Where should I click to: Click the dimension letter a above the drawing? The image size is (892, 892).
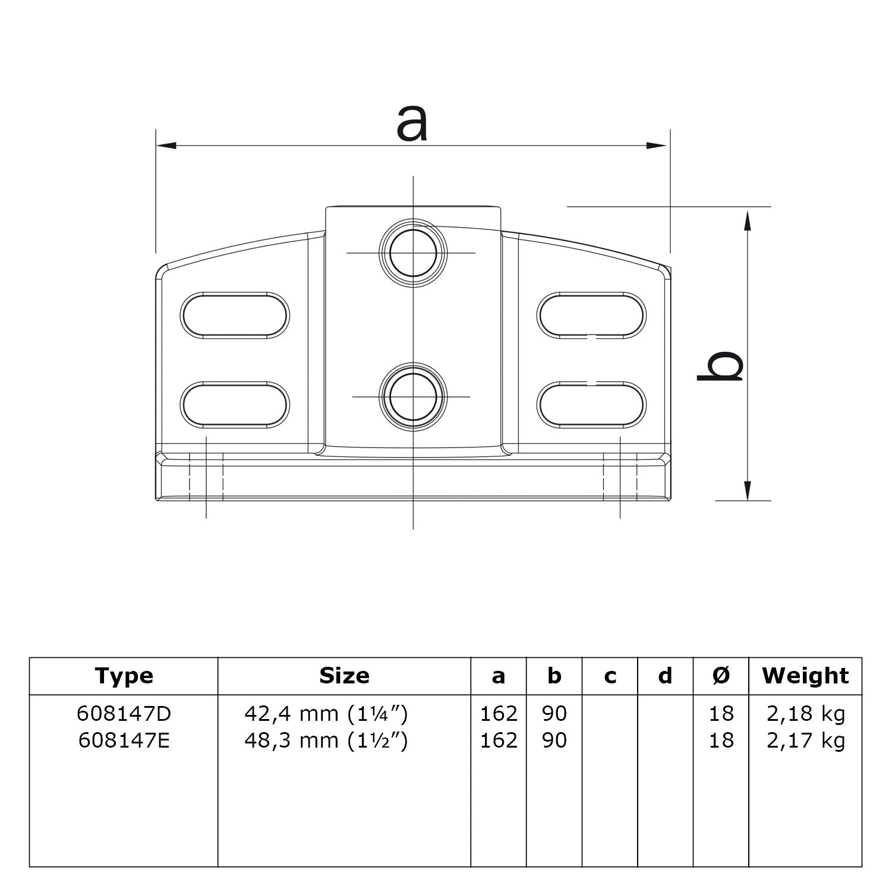412,124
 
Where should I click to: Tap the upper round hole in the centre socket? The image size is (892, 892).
414,253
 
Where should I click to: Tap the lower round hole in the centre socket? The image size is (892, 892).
414,396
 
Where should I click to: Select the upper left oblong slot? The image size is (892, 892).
235,315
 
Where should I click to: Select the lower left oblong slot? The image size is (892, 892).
235,405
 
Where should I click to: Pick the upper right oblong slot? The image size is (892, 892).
592,315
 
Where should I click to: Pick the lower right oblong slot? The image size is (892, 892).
592,405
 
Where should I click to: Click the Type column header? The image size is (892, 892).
124,676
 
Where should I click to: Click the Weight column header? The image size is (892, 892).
805,676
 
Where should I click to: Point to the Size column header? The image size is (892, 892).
344,676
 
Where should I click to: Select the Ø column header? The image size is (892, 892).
721,676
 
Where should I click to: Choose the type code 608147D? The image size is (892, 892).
124,714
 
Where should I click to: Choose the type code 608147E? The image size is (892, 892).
124,740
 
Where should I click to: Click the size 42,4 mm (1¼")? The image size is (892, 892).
326,714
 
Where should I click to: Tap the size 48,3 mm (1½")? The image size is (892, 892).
326,740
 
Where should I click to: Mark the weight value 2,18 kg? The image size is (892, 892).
805,714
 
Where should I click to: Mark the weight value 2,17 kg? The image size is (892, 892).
805,740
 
